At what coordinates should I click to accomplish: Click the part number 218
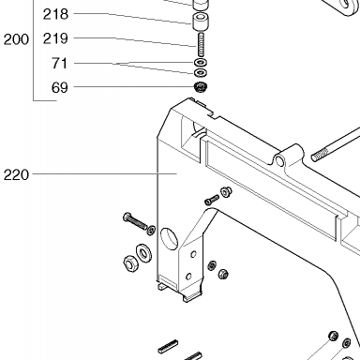click(55, 14)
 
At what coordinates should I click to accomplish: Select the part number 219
click(55, 38)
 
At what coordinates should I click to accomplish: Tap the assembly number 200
click(16, 39)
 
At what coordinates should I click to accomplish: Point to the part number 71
click(59, 63)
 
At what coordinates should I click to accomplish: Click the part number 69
click(59, 87)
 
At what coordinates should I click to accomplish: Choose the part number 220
click(16, 174)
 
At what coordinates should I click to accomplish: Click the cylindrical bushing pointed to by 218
click(201, 22)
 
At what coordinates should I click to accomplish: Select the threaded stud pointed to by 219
click(201, 45)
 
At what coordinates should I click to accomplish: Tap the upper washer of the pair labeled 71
click(201, 62)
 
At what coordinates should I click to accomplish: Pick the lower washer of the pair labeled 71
click(201, 73)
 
